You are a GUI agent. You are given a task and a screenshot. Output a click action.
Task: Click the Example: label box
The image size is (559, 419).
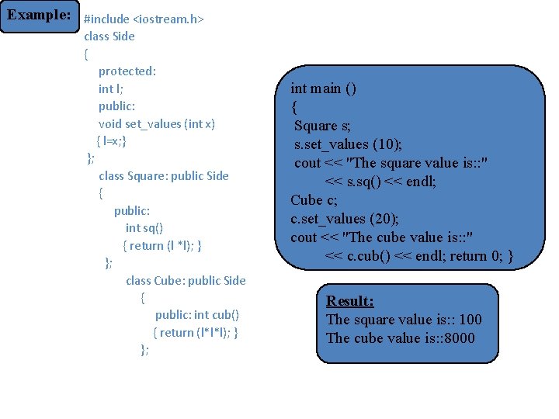39,16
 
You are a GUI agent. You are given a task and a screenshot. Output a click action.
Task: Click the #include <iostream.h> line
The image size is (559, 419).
144,19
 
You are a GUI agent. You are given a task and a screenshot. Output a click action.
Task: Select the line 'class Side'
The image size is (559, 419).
109,36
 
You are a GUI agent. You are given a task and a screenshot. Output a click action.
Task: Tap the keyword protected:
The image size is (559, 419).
127,71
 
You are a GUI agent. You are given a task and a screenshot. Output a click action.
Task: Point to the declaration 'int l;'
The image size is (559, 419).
111,88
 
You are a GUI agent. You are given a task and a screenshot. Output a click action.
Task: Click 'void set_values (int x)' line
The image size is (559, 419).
157,123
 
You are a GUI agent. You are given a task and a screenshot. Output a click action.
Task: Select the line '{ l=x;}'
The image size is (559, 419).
111,141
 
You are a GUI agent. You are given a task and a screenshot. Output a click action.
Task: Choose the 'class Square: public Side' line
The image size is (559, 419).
164,175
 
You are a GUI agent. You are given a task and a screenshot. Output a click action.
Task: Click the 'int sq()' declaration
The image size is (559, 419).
144,228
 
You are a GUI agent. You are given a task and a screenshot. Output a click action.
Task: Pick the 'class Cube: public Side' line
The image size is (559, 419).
186,280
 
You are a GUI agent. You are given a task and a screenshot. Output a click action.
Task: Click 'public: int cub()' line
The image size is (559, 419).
197,314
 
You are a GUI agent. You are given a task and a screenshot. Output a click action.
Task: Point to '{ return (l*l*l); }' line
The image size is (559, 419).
196,332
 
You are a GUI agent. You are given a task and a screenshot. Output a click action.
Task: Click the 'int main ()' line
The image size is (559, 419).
324,88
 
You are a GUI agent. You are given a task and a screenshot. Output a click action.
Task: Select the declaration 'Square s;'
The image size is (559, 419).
322,126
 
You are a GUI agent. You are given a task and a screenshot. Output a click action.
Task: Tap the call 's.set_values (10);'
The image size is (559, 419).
348,144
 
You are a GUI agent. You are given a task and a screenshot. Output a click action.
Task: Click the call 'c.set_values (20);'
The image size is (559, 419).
345,219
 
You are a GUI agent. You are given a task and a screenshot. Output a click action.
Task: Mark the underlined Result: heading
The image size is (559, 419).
350,301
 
